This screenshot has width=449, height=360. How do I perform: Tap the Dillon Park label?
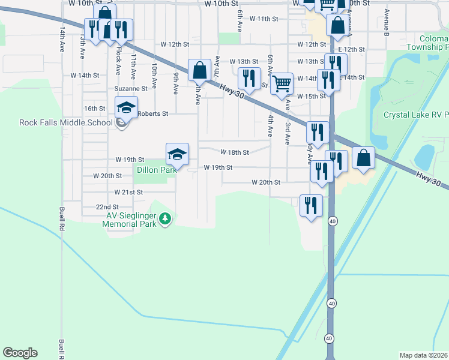(157, 170)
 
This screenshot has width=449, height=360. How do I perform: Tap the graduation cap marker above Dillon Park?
(178, 155)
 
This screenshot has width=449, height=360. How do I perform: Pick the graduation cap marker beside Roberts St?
(126, 107)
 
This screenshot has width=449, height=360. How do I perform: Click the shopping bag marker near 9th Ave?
(200, 70)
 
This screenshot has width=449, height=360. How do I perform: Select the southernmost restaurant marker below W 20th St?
(311, 206)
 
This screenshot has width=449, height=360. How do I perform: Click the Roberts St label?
(153, 113)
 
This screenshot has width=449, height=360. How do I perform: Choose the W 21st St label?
(128, 192)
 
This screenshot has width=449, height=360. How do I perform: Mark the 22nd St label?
(107, 206)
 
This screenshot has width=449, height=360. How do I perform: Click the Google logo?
(20, 353)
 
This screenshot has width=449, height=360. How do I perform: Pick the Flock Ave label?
(119, 55)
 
